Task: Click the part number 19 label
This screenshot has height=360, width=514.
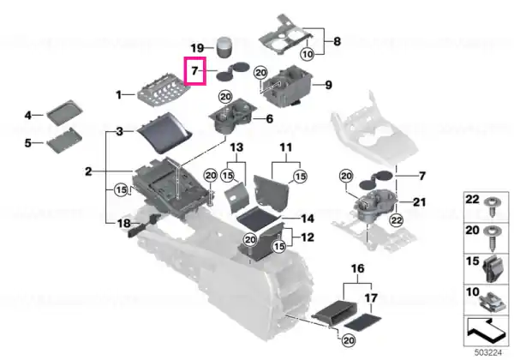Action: [197, 48]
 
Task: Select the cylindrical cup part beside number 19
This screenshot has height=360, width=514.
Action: [224, 47]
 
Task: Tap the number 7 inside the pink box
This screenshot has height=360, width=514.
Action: [194, 70]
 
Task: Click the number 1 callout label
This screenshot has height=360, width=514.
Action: [119, 95]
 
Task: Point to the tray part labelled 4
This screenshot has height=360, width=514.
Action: [64, 112]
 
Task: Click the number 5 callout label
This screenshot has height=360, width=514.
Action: [28, 143]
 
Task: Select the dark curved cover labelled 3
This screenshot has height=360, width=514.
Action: [164, 133]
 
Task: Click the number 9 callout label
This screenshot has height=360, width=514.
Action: [328, 85]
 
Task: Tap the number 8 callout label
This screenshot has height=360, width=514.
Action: [337, 42]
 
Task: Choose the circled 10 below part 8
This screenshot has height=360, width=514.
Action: [308, 54]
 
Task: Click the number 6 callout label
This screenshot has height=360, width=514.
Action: [270, 118]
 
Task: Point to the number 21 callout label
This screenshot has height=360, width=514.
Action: [419, 202]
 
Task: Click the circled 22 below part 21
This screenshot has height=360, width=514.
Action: [397, 220]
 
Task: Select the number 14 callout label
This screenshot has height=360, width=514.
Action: [308, 219]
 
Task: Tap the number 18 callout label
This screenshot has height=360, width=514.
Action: [124, 224]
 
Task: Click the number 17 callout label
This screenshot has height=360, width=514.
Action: [371, 298]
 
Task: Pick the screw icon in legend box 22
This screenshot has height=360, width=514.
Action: [491, 206]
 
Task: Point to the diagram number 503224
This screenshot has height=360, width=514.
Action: [488, 353]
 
